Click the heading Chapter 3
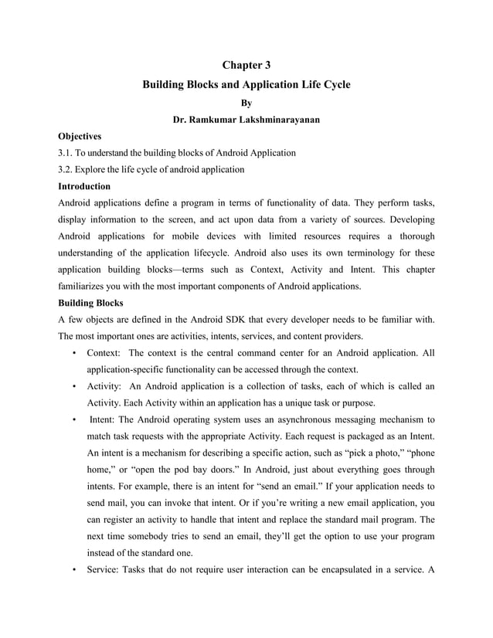246,64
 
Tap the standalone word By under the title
246,102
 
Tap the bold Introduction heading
85,186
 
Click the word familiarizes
86,287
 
